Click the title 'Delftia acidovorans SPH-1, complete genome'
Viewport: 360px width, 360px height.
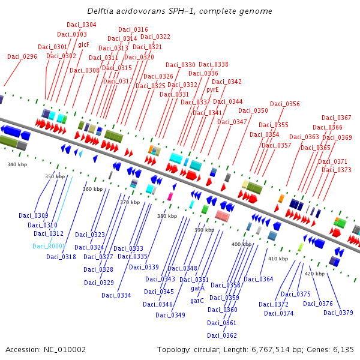[179, 11]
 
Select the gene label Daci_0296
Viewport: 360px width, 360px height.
[22, 56]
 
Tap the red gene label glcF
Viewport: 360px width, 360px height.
[83, 44]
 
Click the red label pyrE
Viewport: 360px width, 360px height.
[212, 89]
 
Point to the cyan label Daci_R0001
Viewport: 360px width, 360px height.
[49, 246]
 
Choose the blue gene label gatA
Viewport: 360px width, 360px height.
[197, 288]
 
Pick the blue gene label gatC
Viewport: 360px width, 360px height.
[197, 301]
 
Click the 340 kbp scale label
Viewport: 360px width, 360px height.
[17, 164]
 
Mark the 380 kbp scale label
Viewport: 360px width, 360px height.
[167, 216]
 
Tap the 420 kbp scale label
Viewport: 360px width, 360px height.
[315, 274]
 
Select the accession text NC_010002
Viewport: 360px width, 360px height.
[65, 350]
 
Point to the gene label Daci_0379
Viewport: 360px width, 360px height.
[338, 313]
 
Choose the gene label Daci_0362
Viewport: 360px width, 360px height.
[222, 335]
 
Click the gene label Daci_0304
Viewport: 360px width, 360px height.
[82, 25]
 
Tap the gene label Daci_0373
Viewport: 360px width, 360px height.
[337, 170]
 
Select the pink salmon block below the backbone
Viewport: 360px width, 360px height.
[223, 216]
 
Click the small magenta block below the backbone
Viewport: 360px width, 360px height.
[170, 197]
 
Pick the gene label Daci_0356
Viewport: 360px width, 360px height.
[285, 104]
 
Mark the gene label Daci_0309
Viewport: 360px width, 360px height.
[34, 215]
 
